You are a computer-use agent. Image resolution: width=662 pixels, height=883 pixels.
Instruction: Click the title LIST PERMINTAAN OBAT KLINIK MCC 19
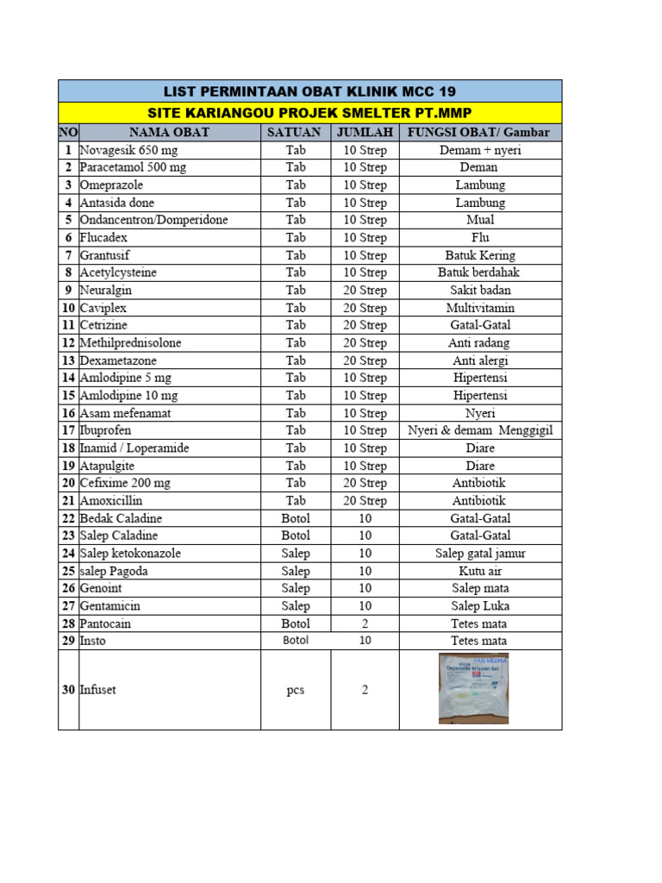(309, 91)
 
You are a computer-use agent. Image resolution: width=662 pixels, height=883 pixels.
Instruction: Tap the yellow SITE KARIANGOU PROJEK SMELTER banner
(309, 113)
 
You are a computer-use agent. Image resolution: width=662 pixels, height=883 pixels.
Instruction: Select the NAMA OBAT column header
(169, 132)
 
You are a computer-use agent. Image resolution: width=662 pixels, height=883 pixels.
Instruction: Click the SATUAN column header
(296, 132)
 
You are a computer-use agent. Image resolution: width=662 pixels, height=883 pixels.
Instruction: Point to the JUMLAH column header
(365, 132)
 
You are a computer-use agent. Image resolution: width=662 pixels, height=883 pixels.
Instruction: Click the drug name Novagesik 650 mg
(128, 150)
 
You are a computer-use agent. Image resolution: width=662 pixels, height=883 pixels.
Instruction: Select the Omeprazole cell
(111, 185)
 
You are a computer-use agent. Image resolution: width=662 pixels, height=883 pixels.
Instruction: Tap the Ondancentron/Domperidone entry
(153, 220)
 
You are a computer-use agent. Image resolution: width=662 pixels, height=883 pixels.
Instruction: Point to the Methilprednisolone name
(130, 342)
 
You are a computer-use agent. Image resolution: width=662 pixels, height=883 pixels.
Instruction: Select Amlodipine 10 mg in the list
(128, 395)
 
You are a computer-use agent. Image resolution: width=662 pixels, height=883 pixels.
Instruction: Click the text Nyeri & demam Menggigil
(480, 430)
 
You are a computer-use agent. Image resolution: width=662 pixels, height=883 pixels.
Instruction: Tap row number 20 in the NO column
(68, 483)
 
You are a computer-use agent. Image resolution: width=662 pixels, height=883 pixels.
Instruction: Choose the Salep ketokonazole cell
(130, 553)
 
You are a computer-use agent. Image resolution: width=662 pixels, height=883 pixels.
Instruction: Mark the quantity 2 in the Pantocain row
(365, 623)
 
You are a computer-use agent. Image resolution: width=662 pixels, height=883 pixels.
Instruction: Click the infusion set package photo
(473, 688)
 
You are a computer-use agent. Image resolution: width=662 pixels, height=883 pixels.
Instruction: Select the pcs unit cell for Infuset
(296, 690)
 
